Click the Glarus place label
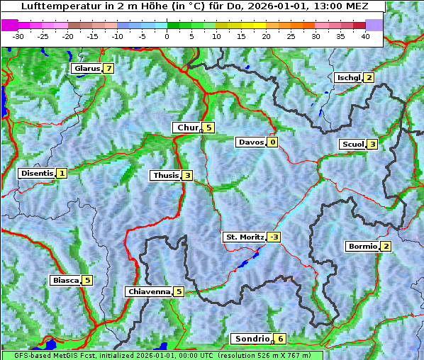click(x=86, y=69)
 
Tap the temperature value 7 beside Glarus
click(x=108, y=69)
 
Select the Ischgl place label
click(x=349, y=77)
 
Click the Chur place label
click(x=188, y=128)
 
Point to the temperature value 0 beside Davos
click(x=272, y=142)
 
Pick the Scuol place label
click(x=352, y=144)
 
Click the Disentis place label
click(x=37, y=173)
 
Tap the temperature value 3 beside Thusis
click(x=187, y=175)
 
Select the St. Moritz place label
click(x=244, y=237)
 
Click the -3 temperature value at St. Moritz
click(x=274, y=237)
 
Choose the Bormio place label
click(x=362, y=247)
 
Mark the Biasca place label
click(x=65, y=280)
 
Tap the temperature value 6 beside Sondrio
click(x=281, y=339)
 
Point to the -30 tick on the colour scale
click(x=18, y=35)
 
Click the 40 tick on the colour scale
click(x=365, y=35)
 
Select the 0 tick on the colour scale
click(x=167, y=35)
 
